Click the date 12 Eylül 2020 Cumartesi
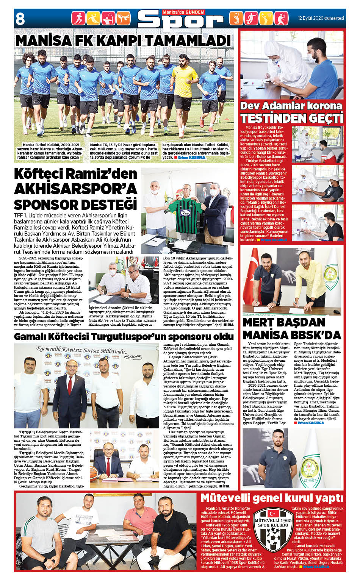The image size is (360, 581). [x=321, y=18]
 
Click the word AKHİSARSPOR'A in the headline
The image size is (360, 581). [x=75, y=189]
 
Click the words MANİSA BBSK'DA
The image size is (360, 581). [x=292, y=335]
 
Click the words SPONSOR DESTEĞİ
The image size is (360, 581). [x=75, y=205]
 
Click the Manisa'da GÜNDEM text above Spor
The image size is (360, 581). [x=183, y=12]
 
